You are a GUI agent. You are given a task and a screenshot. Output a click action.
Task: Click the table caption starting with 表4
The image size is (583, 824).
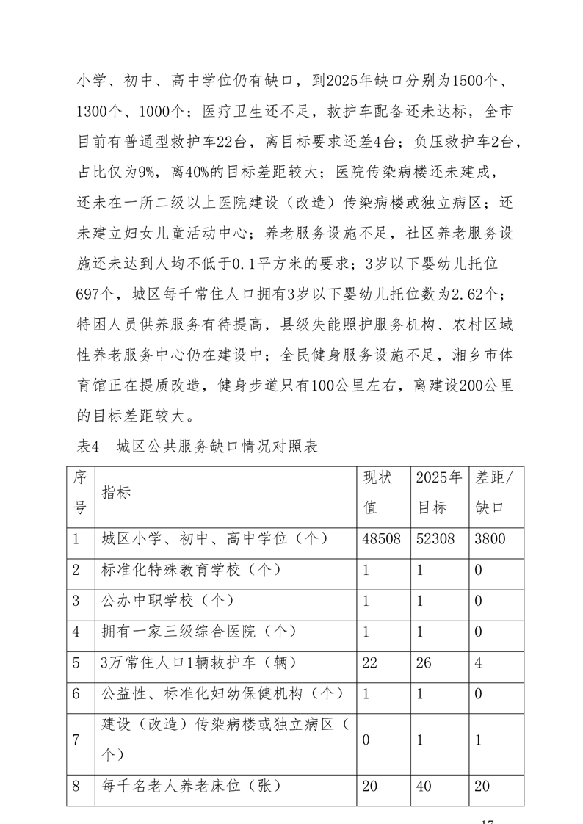click(197, 447)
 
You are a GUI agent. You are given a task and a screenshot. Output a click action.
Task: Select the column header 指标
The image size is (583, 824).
click(117, 492)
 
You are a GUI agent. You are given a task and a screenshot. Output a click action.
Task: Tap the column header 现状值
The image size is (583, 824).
click(379, 492)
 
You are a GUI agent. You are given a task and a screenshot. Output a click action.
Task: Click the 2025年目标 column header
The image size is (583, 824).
click(438, 492)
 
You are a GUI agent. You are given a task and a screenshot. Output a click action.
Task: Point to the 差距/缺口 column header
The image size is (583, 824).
click(495, 492)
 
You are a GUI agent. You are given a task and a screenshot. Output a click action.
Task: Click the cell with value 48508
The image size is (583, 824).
click(382, 538)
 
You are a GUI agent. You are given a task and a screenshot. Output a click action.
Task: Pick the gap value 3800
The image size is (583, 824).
click(490, 538)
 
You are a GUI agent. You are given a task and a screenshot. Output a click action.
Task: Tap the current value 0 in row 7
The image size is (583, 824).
click(367, 740)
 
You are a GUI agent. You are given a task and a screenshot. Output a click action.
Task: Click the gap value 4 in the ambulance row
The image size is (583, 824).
click(479, 662)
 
